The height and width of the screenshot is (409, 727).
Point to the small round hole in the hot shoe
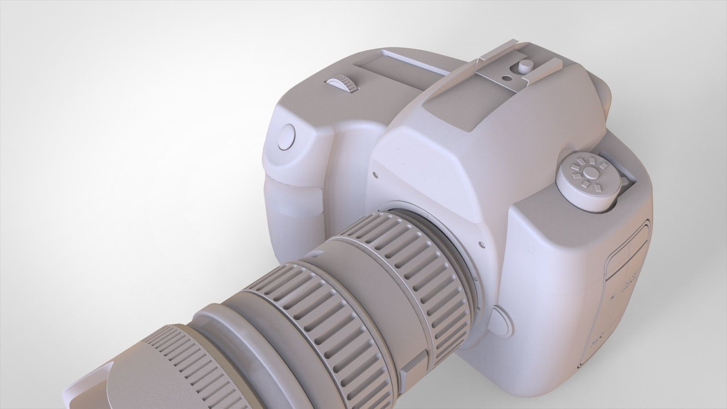click(x=506, y=78)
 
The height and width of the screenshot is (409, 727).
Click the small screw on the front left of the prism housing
click(x=375, y=173)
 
